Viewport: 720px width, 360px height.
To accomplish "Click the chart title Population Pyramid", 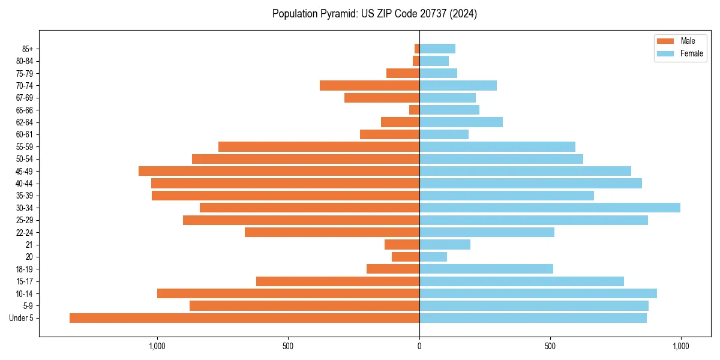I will [x=374, y=14].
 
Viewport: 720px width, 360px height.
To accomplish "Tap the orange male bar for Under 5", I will [x=244, y=318].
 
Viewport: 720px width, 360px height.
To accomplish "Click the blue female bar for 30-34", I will [x=550, y=208].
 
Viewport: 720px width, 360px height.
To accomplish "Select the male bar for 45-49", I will [x=279, y=171].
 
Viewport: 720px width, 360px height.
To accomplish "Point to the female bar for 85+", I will [x=437, y=49].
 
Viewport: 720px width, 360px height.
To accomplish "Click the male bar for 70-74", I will [x=370, y=85].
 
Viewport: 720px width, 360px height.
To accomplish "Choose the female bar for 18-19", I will [x=486, y=269].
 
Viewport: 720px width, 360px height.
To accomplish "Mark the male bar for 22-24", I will [x=332, y=232].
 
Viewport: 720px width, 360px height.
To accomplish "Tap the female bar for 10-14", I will [x=538, y=293].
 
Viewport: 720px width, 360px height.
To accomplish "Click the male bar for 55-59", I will [x=319, y=146].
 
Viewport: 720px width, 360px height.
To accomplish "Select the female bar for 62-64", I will [x=461, y=122].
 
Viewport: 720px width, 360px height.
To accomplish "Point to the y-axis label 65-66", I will [x=24, y=110].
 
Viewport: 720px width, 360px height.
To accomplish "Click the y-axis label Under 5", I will [x=22, y=318].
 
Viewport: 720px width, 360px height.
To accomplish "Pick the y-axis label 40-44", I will [x=24, y=184].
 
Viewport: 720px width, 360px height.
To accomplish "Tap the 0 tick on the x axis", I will [x=419, y=346].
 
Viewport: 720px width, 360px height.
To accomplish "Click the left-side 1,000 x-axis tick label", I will [x=157, y=346].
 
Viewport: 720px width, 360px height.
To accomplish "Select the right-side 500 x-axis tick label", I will [x=550, y=346].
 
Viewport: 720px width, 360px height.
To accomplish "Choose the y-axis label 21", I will [x=29, y=245].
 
